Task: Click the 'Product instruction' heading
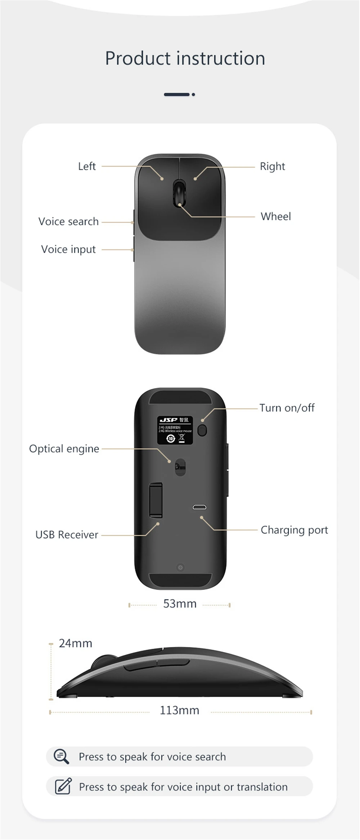pyautogui.click(x=185, y=58)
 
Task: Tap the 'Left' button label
pyautogui.click(x=87, y=166)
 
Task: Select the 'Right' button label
pyautogui.click(x=272, y=166)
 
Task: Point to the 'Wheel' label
pyautogui.click(x=276, y=216)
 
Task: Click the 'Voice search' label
pyautogui.click(x=68, y=222)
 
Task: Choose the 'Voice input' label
pyautogui.click(x=68, y=249)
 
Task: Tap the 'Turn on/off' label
pyautogui.click(x=287, y=408)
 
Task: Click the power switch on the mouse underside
pyautogui.click(x=202, y=430)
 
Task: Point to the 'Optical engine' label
pyautogui.click(x=64, y=449)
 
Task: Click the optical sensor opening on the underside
pyautogui.click(x=180, y=467)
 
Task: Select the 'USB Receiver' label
pyautogui.click(x=67, y=535)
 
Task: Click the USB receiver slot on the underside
pyautogui.click(x=156, y=500)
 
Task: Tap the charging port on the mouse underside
pyautogui.click(x=199, y=507)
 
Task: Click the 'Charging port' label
pyautogui.click(x=294, y=530)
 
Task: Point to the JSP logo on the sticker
pyautogui.click(x=168, y=420)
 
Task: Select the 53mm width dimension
pyautogui.click(x=180, y=604)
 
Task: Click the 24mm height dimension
pyautogui.click(x=75, y=643)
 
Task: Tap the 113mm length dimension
pyautogui.click(x=179, y=710)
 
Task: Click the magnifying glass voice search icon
pyautogui.click(x=61, y=756)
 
